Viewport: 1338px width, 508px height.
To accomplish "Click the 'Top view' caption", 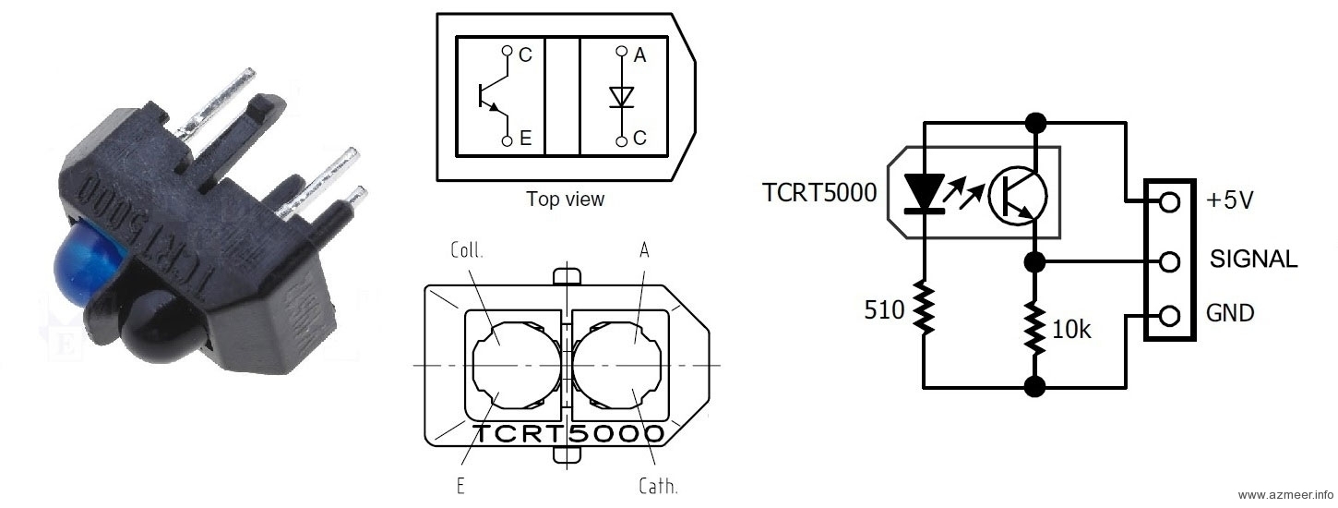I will tap(565, 199).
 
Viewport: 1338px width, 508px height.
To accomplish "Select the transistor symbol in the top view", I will tap(493, 96).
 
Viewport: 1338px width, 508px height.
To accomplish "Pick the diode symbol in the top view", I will tap(623, 96).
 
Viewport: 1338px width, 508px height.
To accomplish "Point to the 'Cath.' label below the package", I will tap(658, 486).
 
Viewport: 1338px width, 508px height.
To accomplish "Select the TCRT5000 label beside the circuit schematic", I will tap(819, 192).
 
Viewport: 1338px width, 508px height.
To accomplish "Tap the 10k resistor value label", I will tap(1071, 328).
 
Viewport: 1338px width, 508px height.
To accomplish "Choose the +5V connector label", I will tap(1230, 200).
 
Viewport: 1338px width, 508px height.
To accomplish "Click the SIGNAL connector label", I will tap(1253, 260).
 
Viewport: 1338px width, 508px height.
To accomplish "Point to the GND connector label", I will tap(1230, 313).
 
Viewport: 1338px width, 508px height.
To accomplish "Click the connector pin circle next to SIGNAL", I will tap(1169, 262).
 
